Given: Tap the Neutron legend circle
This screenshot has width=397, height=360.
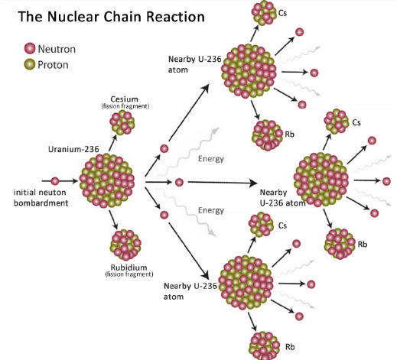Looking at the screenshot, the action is [30, 48].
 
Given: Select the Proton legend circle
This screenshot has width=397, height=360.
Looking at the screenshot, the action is [30, 64].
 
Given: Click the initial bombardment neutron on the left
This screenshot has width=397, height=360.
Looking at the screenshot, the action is [55, 181].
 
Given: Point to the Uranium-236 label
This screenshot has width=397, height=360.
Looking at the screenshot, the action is [73, 149].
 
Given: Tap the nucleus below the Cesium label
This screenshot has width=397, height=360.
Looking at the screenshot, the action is [122, 122].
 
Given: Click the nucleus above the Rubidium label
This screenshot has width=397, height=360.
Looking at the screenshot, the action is [125, 245].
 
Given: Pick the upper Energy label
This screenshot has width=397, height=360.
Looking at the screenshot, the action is [211, 159].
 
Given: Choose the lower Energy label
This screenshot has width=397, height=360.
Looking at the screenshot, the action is [211, 210].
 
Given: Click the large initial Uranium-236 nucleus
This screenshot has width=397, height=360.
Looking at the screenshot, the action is [107, 180].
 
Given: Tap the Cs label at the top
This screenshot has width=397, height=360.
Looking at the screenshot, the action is [282, 13].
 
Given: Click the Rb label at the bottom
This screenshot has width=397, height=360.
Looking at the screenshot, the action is [290, 347].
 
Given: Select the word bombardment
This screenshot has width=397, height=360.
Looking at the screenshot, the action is [41, 203].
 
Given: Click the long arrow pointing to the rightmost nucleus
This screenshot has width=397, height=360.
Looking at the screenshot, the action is [223, 183].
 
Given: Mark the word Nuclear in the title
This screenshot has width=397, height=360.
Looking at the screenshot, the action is [73, 17].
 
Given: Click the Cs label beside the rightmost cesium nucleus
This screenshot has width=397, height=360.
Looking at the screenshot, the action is [356, 122].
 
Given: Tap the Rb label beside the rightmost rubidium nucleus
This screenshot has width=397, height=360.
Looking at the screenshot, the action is [363, 245].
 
